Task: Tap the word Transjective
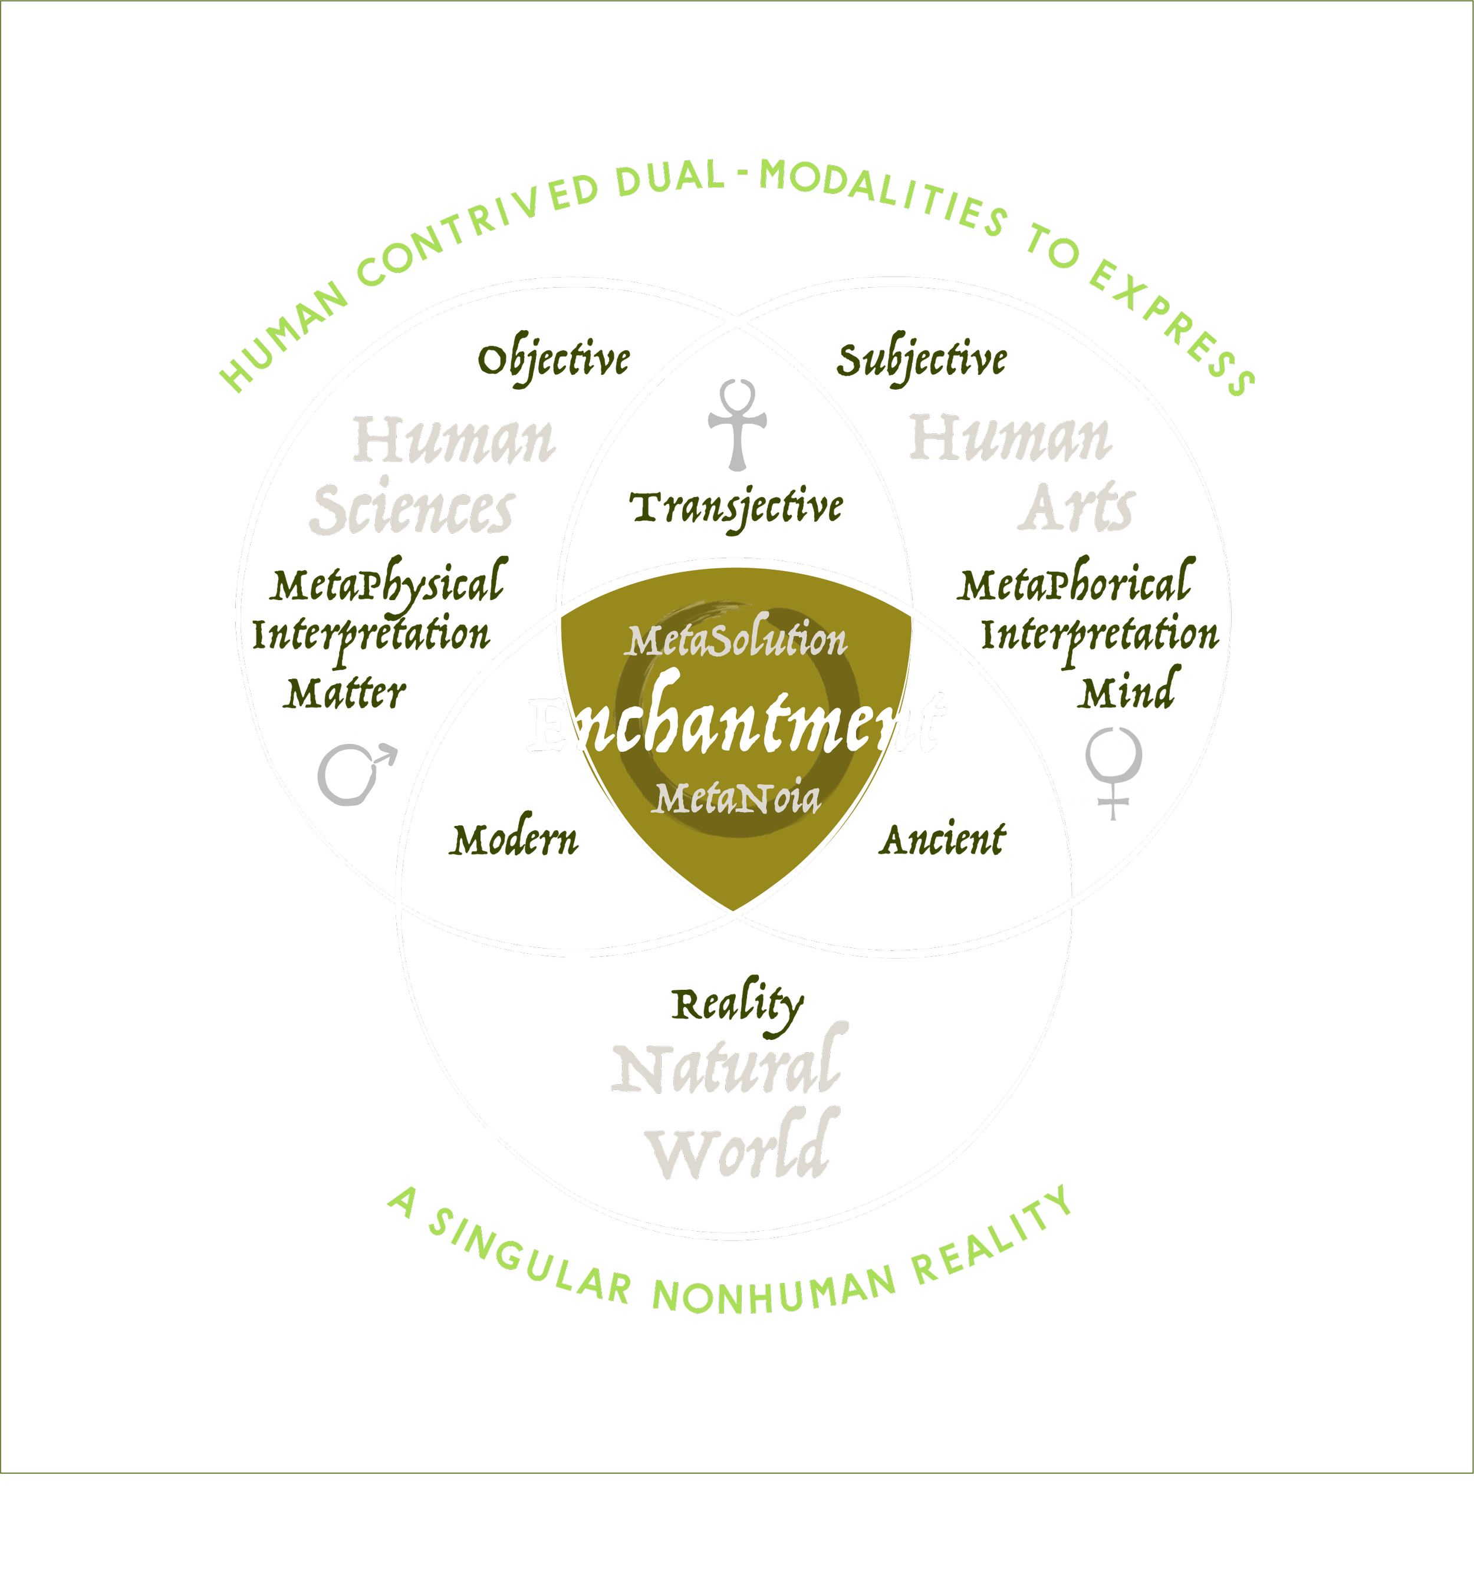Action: [x=738, y=508]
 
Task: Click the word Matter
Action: [x=346, y=694]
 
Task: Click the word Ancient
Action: [x=945, y=841]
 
